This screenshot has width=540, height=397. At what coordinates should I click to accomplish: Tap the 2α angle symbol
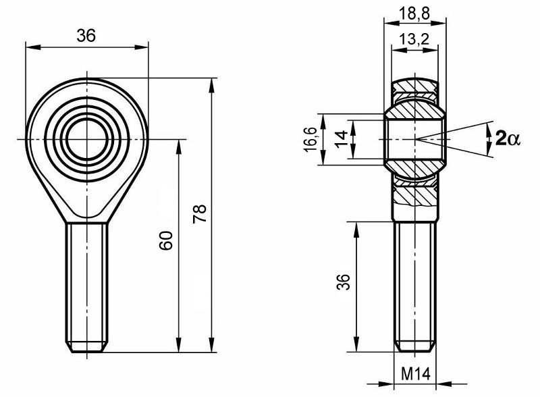coord(507,138)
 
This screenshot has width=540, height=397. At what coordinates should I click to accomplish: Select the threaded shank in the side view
coord(414,284)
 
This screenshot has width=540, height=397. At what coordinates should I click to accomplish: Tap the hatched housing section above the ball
coord(414,88)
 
